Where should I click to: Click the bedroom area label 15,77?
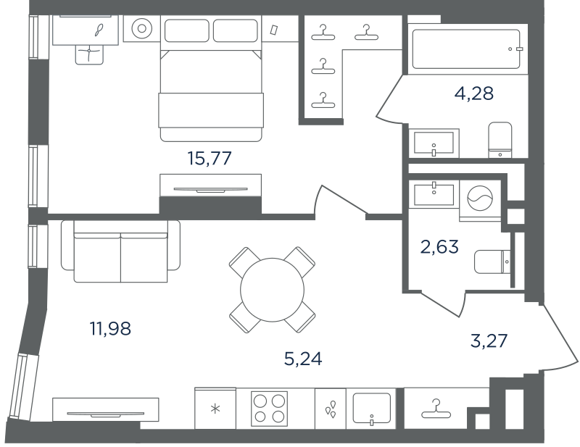pos(210,159)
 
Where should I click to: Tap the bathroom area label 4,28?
pos(474,93)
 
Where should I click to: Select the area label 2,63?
pos(439,246)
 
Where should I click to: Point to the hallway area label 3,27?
pos(489,341)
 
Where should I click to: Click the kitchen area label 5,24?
pos(303,359)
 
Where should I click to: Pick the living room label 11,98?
pos(110,328)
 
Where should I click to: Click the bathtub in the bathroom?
pos(465,49)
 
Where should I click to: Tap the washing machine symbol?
pos(480,199)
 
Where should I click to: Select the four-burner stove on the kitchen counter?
pos(269,409)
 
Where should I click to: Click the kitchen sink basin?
pos(371,408)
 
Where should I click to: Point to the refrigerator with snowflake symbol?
pos(215,408)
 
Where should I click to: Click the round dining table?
pos(273,290)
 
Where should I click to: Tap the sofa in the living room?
pos(120,251)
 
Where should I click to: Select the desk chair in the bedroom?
pos(89,55)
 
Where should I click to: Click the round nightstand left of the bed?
pos(141,28)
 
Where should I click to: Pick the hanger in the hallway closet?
pos(436,409)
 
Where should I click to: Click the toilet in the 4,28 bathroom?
pos(500,140)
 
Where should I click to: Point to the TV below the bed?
pos(210,190)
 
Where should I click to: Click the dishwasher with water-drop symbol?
pos(331,409)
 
